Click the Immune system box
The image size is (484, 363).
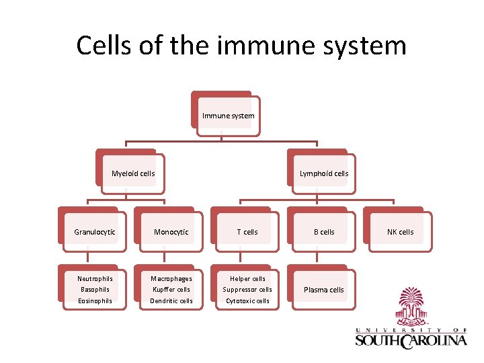(229, 116)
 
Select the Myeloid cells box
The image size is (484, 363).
(133, 173)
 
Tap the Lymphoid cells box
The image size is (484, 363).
(324, 173)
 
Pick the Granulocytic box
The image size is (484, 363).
(95, 232)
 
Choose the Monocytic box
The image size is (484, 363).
(171, 232)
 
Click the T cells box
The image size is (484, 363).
(247, 232)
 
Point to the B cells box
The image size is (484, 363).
(324, 232)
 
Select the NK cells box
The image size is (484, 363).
(400, 232)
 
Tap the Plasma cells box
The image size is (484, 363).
(324, 290)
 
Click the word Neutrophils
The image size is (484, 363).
(95, 278)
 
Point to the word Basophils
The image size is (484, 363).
(95, 290)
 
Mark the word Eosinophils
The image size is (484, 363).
(95, 301)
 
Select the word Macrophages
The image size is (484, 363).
(171, 278)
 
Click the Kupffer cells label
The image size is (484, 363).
(171, 290)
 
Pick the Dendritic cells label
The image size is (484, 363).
(171, 301)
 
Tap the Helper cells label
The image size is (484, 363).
(247, 278)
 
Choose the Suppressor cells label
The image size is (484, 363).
(247, 290)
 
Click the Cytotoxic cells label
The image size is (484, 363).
(247, 301)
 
